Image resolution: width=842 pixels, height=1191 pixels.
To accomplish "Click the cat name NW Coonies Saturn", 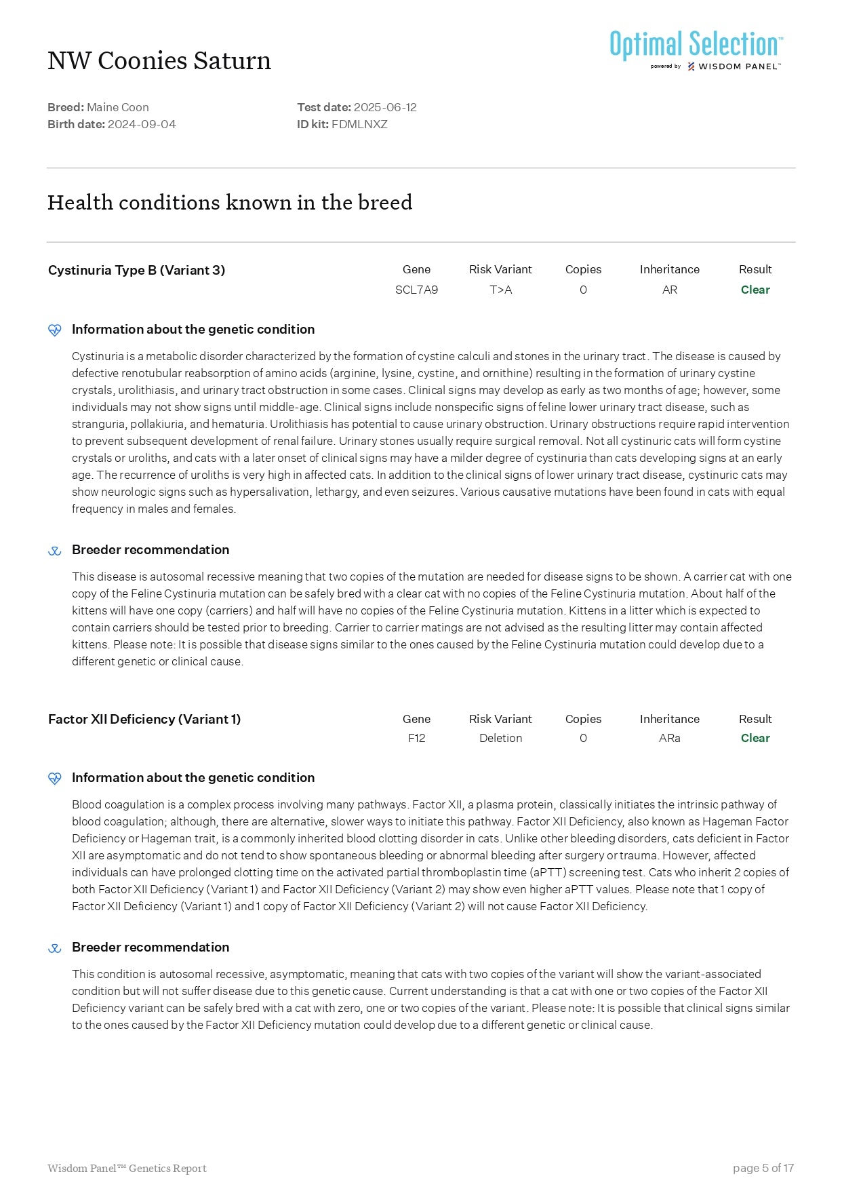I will [159, 61].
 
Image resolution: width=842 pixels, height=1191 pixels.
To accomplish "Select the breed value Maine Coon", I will [118, 107].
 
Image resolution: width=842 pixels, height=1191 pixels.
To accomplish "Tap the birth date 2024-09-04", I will [142, 124].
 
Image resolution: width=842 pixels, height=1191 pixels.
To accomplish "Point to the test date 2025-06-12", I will [385, 107].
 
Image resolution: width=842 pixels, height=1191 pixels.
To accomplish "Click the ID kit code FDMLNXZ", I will [359, 124].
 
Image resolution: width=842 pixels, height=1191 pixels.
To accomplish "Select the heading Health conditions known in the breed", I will [230, 202].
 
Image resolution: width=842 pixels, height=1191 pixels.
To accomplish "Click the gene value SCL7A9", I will [416, 290].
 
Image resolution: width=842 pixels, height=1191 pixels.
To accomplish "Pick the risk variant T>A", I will [500, 290].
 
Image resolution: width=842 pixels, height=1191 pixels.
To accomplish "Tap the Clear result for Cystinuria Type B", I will [755, 290].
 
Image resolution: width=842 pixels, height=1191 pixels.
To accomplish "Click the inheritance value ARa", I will [669, 738].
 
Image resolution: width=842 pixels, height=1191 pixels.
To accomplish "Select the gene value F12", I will [416, 738].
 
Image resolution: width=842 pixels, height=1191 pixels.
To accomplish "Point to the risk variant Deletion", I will [500, 738].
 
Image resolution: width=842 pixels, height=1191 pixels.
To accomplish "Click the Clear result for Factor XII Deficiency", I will [755, 738].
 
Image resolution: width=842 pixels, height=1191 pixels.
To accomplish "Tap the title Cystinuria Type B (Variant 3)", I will [136, 270].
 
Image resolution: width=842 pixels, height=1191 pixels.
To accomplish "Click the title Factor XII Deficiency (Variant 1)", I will [144, 719].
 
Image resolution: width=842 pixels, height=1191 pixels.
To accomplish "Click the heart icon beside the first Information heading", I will [55, 330].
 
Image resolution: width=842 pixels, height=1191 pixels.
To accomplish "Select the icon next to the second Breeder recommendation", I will [55, 948].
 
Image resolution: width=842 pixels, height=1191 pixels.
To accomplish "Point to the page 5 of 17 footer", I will [763, 1168].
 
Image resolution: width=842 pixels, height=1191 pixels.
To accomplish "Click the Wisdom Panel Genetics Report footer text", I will [127, 1168].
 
